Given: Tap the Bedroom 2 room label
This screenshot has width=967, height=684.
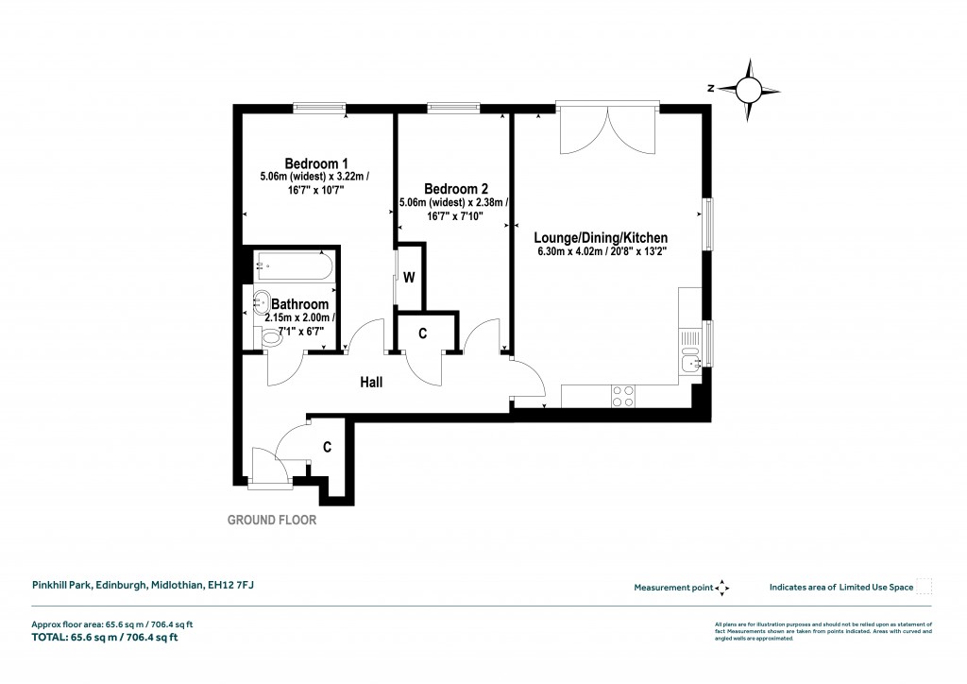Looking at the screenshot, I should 455,187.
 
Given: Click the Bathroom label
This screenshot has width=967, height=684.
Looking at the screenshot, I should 300,304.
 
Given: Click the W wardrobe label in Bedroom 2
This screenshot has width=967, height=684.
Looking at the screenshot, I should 410,278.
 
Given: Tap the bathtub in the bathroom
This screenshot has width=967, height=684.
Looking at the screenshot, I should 294,265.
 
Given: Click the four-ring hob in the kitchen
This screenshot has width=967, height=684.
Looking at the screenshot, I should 623,396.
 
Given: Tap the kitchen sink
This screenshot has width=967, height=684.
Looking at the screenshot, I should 691,360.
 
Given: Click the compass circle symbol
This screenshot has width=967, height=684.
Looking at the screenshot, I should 748,90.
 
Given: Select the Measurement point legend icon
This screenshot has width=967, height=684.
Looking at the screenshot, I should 722,588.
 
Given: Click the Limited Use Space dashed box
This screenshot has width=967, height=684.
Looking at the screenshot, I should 925,587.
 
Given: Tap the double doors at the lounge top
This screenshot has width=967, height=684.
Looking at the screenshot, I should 607,130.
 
